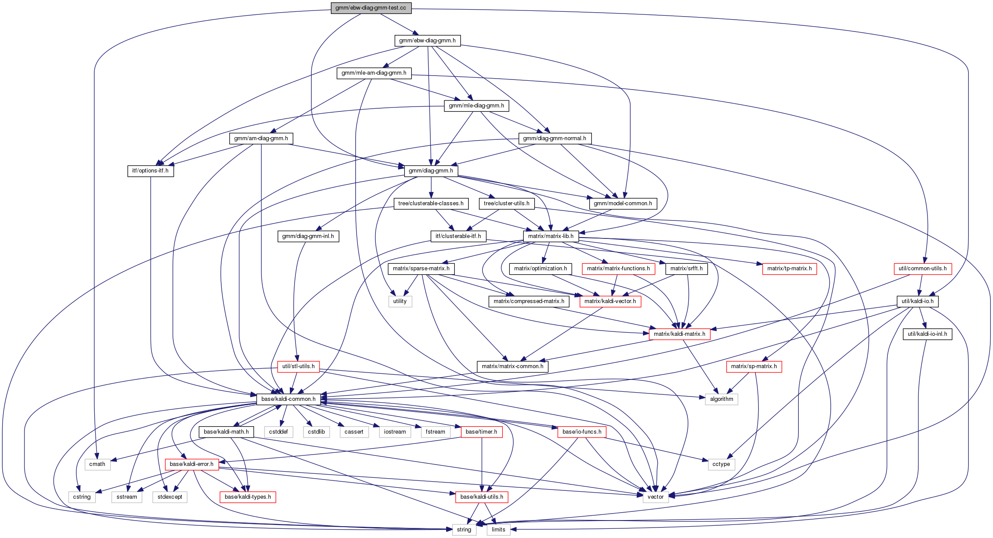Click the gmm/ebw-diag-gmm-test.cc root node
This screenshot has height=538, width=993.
[371, 8]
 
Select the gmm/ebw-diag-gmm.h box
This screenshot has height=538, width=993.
[427, 41]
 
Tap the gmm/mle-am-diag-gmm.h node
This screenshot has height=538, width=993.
[374, 73]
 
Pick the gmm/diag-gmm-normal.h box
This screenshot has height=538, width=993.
[554, 138]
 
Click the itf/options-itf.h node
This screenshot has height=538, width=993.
[150, 171]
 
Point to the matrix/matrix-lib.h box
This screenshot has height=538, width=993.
[550, 236]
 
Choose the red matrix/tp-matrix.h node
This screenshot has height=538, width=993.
[789, 269]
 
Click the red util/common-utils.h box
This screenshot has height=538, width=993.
[922, 269]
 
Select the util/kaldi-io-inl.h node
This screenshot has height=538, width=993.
[927, 334]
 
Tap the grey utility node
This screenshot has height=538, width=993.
[400, 301]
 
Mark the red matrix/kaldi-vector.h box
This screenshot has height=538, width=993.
[610, 301]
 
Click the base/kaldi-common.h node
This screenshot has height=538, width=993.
[288, 399]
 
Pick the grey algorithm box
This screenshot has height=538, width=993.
[721, 399]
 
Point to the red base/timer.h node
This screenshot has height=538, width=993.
[481, 432]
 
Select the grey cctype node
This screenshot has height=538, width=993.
[721, 464]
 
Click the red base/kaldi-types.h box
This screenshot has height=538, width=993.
[247, 497]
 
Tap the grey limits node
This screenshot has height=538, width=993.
[498, 530]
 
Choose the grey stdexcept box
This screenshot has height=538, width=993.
[170, 497]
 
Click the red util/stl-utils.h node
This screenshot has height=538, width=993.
[298, 366]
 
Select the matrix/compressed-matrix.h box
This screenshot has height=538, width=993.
[529, 301]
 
